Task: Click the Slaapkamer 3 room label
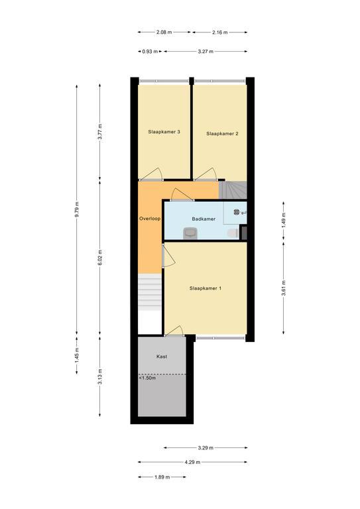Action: [164, 132]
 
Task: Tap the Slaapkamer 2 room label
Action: [222, 133]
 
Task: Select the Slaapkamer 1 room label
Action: [206, 288]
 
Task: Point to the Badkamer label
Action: [204, 219]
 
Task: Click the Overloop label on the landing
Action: [150, 219]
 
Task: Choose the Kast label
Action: [162, 357]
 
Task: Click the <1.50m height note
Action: [147, 378]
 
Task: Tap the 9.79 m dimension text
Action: [77, 209]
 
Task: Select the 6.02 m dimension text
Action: [99, 257]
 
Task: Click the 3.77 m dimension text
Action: [99, 131]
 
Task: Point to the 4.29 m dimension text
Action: [192, 462]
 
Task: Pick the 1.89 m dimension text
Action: [162, 477]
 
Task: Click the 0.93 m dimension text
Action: [150, 51]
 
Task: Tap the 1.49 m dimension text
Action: [284, 220]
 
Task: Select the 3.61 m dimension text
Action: [284, 288]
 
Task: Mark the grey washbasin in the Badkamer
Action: [190, 233]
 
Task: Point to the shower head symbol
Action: [237, 212]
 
